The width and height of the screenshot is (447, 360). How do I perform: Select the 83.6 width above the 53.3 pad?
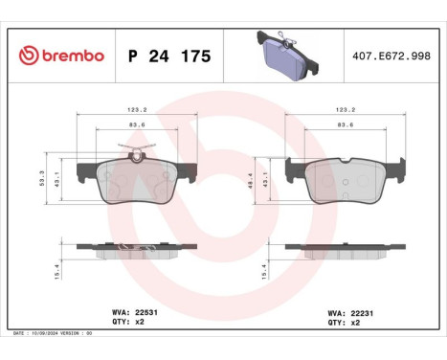[x=137, y=124]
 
